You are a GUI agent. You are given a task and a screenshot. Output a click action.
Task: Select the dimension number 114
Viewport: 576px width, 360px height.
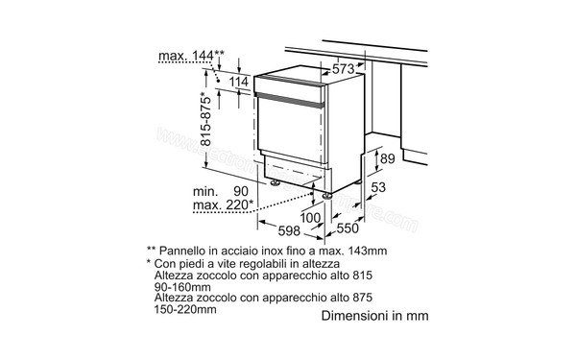coord(239,82)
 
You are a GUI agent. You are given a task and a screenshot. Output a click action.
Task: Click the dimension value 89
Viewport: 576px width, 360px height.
coord(387,158)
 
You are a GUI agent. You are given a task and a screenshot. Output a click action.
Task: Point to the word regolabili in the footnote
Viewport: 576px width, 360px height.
coord(256,261)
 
